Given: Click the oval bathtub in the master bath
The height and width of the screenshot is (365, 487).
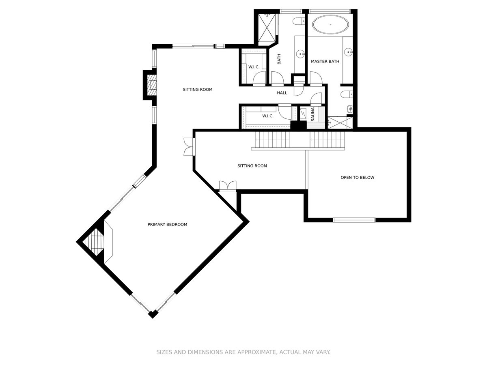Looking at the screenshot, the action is click(x=330, y=24).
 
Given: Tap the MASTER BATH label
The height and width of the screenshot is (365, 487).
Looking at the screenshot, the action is click(x=325, y=61).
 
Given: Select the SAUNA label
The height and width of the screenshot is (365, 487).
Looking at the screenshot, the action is click(x=312, y=114).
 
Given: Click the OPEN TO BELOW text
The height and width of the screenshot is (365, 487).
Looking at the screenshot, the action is click(x=357, y=177).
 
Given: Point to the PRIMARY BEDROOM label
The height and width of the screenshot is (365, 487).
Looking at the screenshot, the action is click(x=167, y=224).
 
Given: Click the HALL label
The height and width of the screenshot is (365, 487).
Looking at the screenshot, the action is click(x=282, y=93).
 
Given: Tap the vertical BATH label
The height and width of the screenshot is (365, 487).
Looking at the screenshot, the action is click(x=279, y=59).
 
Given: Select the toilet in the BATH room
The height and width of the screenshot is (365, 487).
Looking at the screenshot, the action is click(x=299, y=21).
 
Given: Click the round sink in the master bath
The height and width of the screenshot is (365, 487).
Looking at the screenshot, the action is click(x=348, y=52).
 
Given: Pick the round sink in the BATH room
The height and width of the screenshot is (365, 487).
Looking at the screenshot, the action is click(x=301, y=54).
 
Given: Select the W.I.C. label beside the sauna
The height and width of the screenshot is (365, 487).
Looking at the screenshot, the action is click(x=268, y=116).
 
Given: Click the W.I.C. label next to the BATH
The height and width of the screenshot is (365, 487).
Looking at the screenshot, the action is click(x=254, y=67).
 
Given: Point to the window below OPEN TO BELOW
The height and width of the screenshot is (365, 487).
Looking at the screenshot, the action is click(x=354, y=220).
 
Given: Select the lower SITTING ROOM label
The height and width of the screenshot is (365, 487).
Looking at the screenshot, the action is click(x=252, y=166).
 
